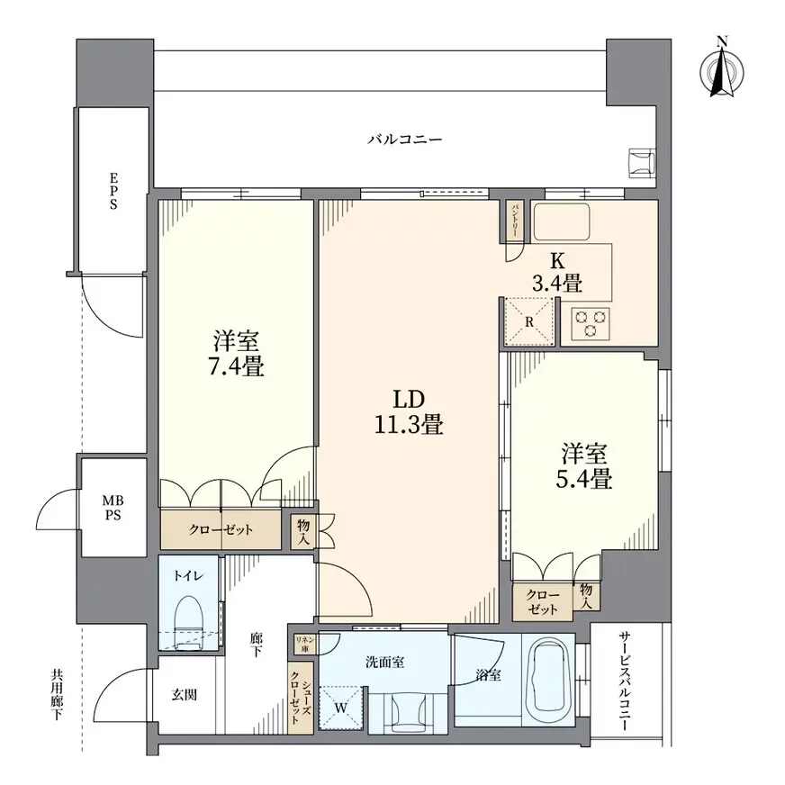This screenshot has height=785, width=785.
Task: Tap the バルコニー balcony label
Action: pyautogui.click(x=404, y=140)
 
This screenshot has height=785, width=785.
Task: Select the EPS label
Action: pyautogui.click(x=114, y=191)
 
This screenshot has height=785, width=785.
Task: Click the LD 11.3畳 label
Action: pyautogui.click(x=409, y=411)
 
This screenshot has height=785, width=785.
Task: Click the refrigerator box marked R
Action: pyautogui.click(x=528, y=321)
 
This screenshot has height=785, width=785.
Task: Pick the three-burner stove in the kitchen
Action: pyautogui.click(x=590, y=322)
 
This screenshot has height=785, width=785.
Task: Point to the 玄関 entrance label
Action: pyautogui.click(x=185, y=695)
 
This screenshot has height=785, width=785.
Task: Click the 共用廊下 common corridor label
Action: pyautogui.click(x=57, y=694)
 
